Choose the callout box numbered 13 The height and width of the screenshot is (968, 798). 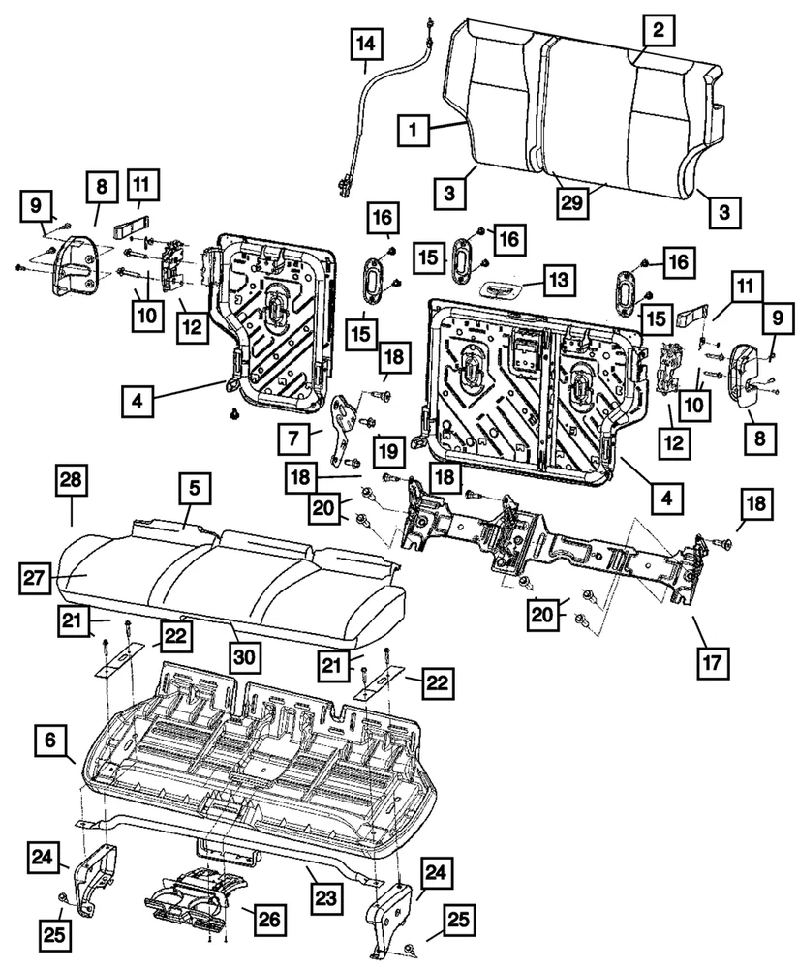[560, 282]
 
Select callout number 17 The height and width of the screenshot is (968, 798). [712, 664]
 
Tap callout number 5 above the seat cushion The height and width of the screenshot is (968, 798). [193, 491]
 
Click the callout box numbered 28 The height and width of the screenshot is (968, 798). [74, 480]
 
